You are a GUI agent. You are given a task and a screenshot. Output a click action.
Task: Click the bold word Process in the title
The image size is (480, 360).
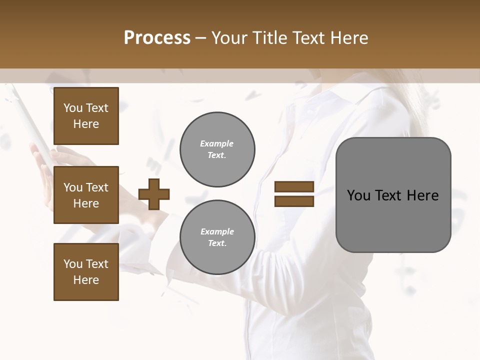pos(157,37)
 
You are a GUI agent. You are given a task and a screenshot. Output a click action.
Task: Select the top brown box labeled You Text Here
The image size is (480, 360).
pos(86,116)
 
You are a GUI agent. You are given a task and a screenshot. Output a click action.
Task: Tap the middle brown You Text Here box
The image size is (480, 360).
pos(86,195)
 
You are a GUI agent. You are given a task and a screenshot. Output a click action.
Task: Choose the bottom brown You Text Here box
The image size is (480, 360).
pos(86,272)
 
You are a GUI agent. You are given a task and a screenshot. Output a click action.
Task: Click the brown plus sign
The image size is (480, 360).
pos(154,194)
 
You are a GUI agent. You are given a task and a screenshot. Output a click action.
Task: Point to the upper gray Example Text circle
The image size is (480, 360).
pos(217,149)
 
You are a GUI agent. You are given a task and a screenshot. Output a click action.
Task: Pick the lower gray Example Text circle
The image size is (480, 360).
pos(217,237)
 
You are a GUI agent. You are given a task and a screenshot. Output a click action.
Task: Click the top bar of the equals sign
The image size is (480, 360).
pos(294,187)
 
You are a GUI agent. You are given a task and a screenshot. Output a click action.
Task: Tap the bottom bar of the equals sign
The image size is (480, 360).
pos(294,201)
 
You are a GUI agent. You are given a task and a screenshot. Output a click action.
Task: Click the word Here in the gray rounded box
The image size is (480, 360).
pos(422,195)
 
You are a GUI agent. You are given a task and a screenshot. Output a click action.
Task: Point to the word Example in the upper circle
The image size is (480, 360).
pos(217,143)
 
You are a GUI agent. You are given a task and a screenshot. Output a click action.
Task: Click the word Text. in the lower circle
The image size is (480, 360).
pos(217,243)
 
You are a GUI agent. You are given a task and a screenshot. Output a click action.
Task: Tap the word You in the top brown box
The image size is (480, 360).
pos(73,108)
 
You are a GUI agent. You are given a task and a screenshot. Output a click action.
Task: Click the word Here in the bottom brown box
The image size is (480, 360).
pos(86,280)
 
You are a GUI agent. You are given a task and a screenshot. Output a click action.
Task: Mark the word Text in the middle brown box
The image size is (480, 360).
pos(97,187)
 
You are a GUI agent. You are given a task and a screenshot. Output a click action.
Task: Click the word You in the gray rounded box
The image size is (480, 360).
pos(358,195)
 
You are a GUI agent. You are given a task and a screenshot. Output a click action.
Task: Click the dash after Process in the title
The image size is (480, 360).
pos(201,38)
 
